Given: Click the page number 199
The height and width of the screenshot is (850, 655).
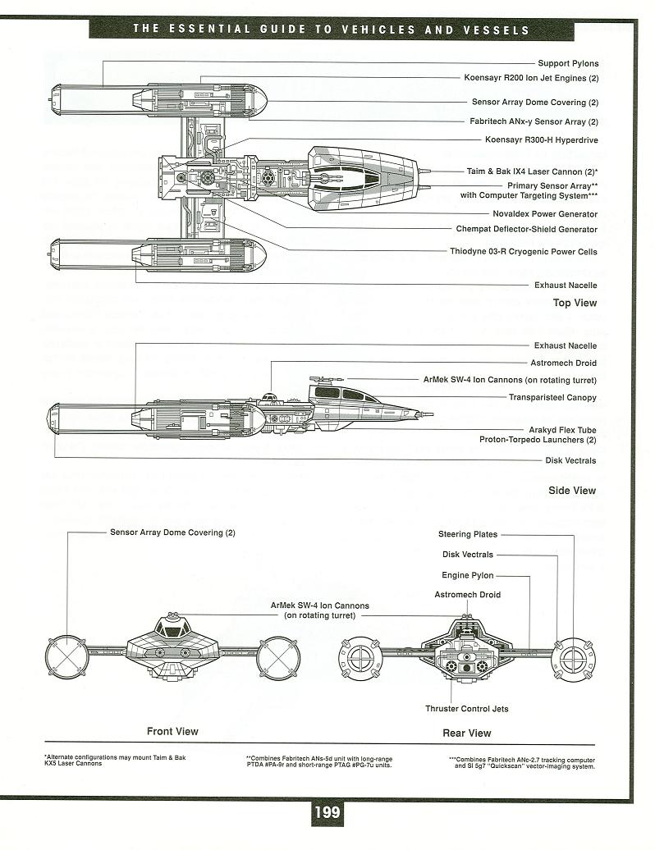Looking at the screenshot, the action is click(327, 811).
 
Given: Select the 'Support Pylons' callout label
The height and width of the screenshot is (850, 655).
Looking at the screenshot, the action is click(568, 63).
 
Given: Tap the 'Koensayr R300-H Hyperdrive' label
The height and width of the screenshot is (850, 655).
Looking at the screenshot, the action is click(541, 139).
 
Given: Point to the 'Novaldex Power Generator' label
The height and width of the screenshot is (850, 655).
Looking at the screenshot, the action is click(545, 214).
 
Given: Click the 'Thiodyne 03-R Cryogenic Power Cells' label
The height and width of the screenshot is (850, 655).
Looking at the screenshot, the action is click(523, 252).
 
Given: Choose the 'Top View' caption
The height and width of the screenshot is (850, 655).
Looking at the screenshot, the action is click(575, 303).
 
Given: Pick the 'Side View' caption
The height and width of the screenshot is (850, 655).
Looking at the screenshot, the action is click(572, 491).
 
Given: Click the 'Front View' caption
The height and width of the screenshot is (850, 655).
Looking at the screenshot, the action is click(172, 731).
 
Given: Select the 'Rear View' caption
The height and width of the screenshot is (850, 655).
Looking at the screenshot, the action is click(467, 733).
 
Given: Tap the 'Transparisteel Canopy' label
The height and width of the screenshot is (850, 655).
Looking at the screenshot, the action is click(552, 397).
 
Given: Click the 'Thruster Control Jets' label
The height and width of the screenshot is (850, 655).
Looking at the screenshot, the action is click(467, 709).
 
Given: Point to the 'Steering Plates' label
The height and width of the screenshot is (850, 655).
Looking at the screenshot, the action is click(467, 534).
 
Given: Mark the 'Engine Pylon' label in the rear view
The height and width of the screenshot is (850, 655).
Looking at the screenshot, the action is click(467, 575).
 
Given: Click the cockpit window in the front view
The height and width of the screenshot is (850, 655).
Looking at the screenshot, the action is click(173, 628).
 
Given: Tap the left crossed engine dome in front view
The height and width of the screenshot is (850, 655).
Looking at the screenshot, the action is click(66, 657).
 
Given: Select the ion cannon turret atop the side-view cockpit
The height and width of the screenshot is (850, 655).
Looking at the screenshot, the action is click(320, 379).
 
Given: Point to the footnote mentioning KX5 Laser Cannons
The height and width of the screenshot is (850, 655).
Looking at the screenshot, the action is click(115, 760).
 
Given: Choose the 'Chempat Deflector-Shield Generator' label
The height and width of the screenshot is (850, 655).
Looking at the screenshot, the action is click(526, 229).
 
